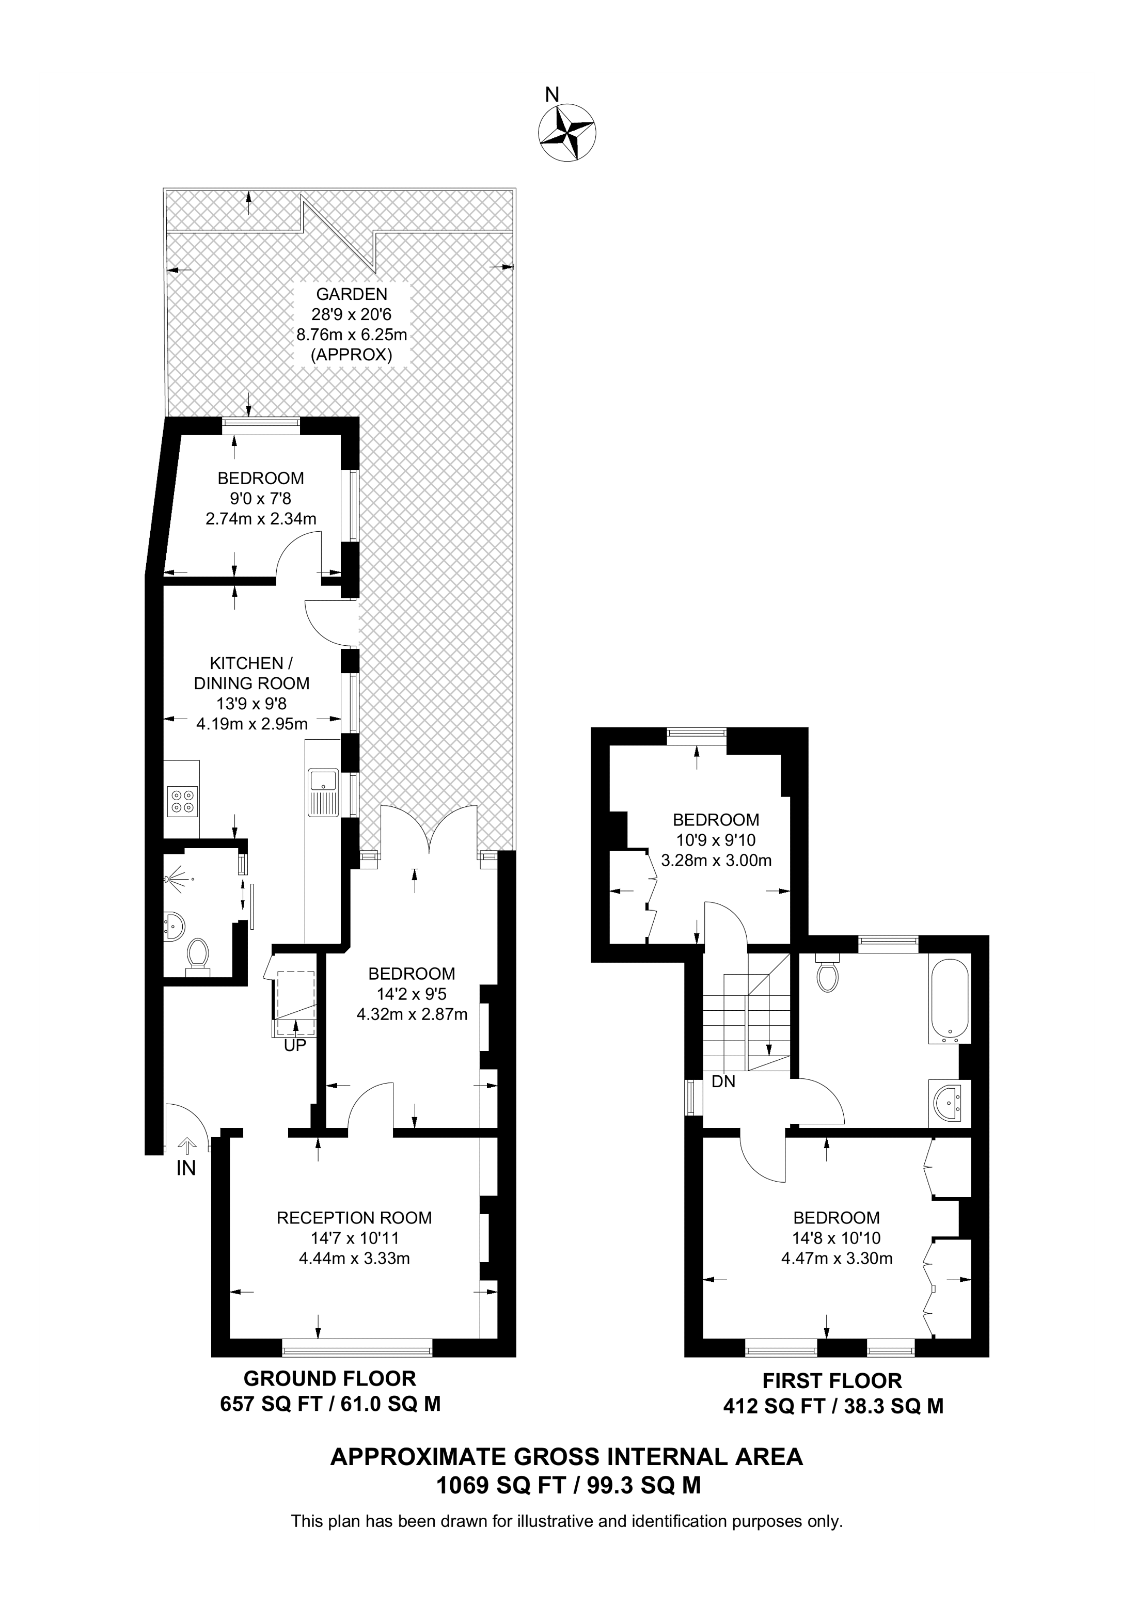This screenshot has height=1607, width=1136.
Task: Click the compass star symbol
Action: [567, 132]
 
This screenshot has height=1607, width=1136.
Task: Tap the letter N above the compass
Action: [553, 94]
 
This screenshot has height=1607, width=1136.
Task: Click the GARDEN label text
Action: [351, 294]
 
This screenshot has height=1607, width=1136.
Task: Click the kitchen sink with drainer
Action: [322, 792]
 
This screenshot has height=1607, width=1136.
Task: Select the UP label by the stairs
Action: [295, 1046]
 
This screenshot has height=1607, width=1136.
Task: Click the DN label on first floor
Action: [723, 1081]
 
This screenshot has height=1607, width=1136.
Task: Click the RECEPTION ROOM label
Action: [354, 1218]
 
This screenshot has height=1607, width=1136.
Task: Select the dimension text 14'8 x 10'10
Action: [837, 1238]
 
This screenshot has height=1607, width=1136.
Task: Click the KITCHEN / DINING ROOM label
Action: [251, 673]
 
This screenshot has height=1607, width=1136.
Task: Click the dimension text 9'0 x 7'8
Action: [260, 498]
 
